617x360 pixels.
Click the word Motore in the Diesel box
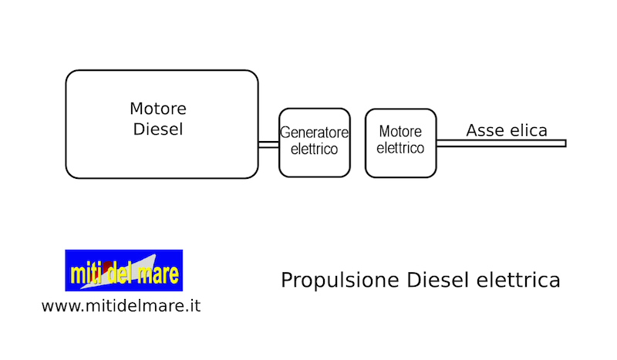[x=158, y=109]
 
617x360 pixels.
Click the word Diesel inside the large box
[x=158, y=129]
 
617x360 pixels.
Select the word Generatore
[x=314, y=133]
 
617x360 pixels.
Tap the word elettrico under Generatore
[x=314, y=149]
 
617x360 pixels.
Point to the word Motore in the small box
[x=400, y=131]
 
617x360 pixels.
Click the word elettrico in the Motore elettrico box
[x=400, y=148]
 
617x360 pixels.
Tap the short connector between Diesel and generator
[x=268, y=144]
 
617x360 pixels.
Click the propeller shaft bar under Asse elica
[x=501, y=143]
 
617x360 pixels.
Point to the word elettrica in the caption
[x=518, y=280]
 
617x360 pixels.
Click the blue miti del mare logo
[x=124, y=271]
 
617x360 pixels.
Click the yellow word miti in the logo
[x=86, y=273]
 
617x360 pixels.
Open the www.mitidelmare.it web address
[x=121, y=306]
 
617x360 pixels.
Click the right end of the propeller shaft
[x=566, y=143]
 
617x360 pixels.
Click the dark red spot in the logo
[x=106, y=267]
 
